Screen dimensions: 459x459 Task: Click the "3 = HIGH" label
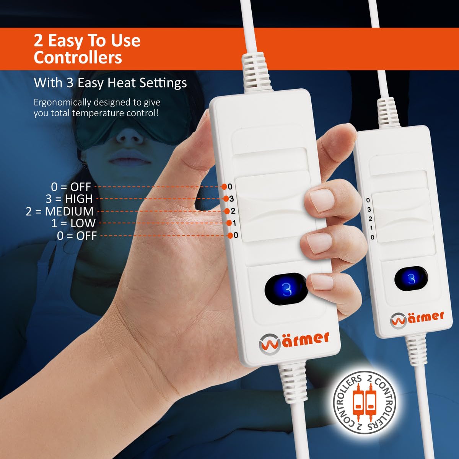[69, 199]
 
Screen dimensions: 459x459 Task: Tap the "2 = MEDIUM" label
[60, 211]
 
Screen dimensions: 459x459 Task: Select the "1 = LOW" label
[73, 223]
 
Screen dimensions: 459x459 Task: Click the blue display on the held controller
[286, 290]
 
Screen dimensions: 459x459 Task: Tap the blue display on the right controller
[411, 279]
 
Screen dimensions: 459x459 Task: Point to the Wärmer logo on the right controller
[417, 318]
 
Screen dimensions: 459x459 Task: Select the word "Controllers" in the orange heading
[78, 57]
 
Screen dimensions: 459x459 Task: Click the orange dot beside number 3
[226, 199]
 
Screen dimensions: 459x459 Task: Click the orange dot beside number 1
[229, 223]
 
